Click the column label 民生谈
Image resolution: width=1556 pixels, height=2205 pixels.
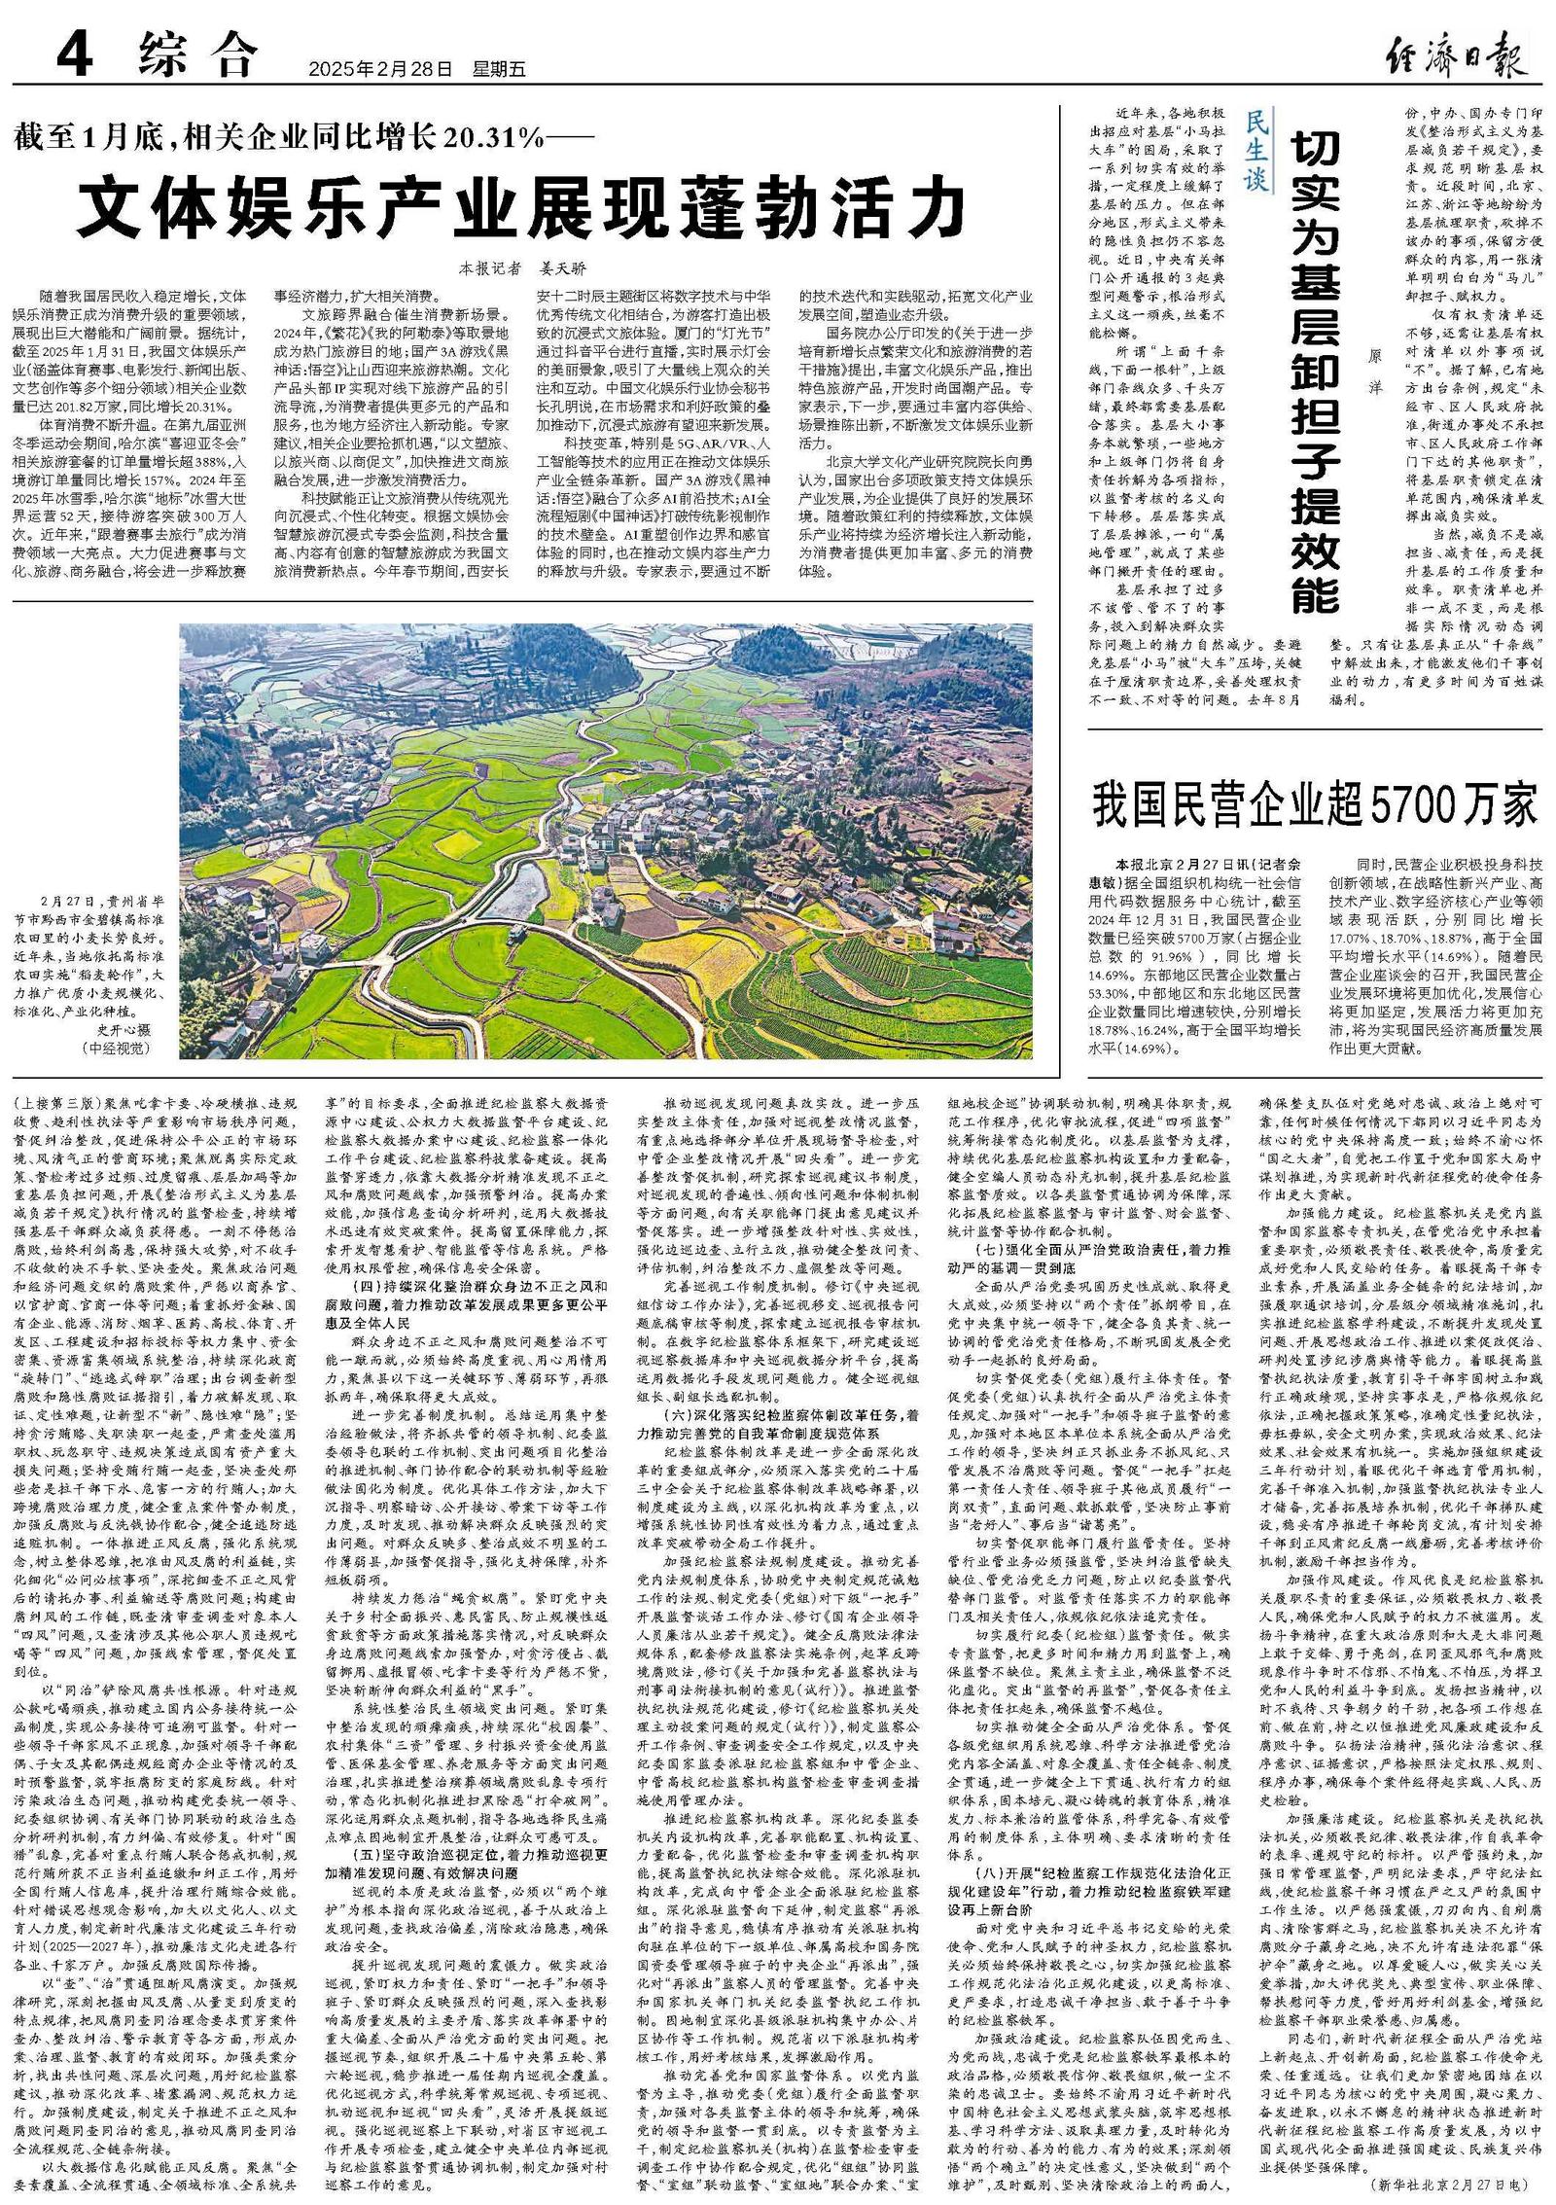tap(1256, 154)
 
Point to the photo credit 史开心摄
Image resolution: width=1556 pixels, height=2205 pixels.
tap(124, 1028)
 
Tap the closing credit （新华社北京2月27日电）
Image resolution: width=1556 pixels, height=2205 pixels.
tap(1459, 2184)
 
